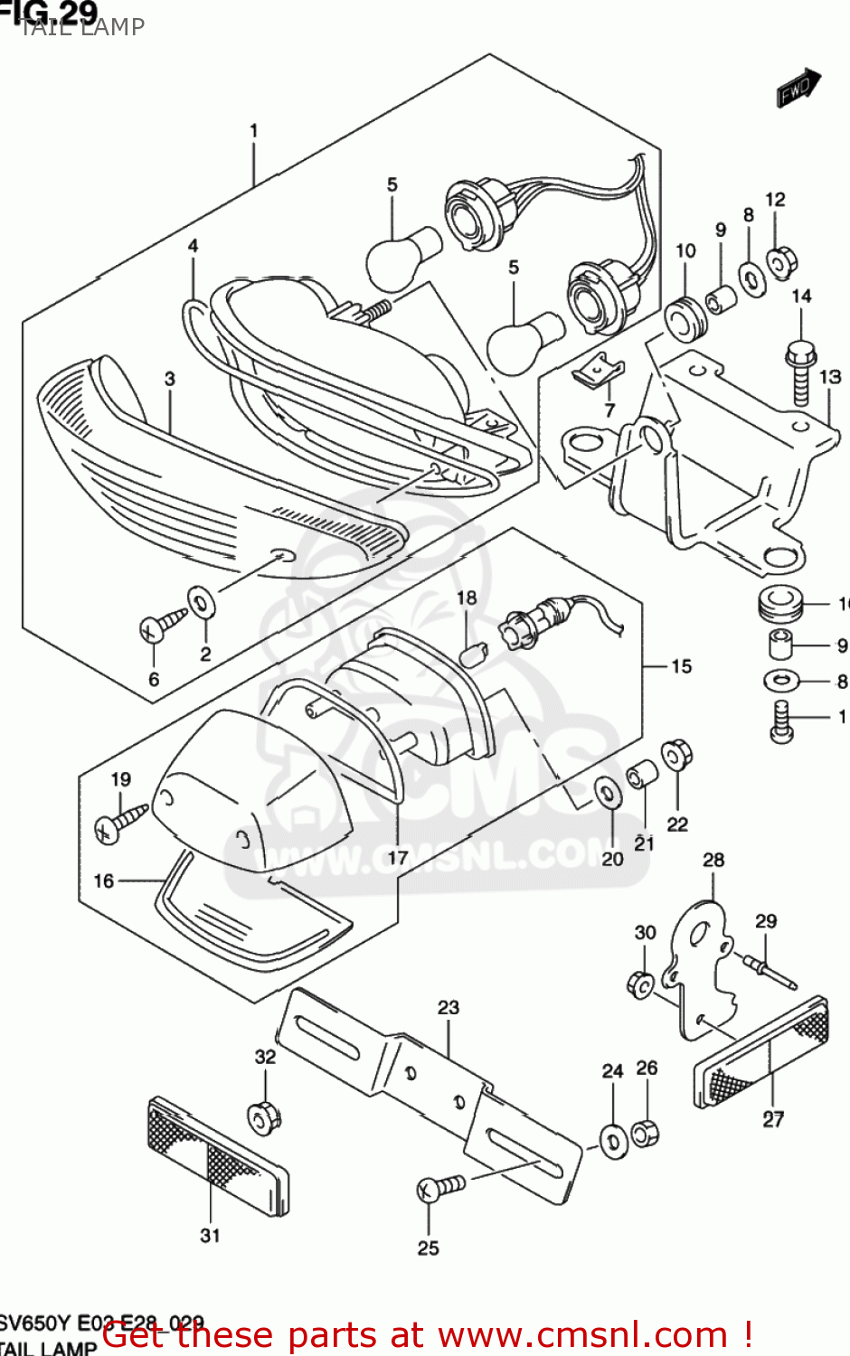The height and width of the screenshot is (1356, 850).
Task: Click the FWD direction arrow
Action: tap(798, 89)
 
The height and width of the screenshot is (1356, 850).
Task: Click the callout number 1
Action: tap(254, 131)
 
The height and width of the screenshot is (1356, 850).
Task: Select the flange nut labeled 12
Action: tap(779, 261)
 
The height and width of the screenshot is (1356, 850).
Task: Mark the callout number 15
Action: tap(681, 666)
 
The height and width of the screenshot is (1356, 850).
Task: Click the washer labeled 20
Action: tap(608, 793)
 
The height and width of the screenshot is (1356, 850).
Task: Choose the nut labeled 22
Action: tap(675, 755)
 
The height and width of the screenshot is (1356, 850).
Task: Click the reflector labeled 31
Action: tap(218, 1154)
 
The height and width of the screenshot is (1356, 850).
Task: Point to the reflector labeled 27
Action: tap(761, 1053)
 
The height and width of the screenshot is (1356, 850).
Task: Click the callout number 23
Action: tap(449, 1007)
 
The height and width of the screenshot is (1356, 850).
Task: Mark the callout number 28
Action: tap(713, 860)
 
